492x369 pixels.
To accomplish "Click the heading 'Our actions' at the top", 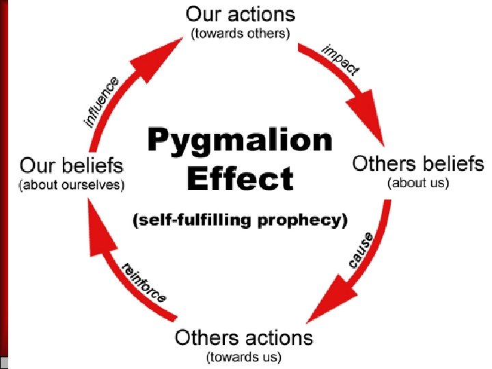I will pos(241,14).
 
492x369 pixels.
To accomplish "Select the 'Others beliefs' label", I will pos(418,164).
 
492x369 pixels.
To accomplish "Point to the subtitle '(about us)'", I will pos(418,183).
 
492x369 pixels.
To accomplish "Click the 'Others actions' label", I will pos(244,337).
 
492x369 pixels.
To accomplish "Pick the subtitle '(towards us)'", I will pos(244,356).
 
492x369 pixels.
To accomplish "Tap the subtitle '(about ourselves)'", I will pos(72,184).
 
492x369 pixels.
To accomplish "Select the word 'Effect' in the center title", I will pos(240,179).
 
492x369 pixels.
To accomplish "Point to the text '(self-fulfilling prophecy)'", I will pos(240,220).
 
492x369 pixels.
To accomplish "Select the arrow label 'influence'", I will pos(102,102).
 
